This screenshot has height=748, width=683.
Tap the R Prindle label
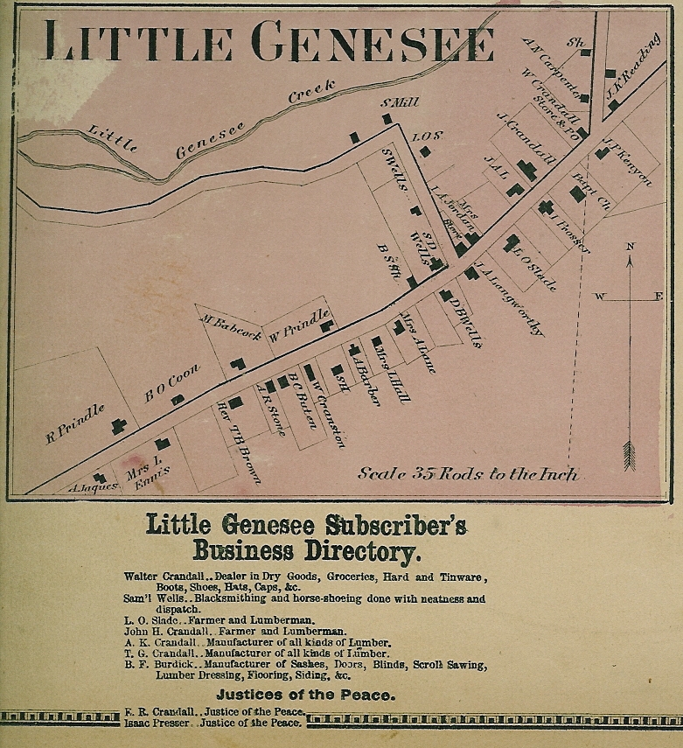click(x=74, y=423)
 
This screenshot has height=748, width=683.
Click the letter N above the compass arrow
click(x=629, y=247)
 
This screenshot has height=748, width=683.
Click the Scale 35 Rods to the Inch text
click(x=468, y=474)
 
